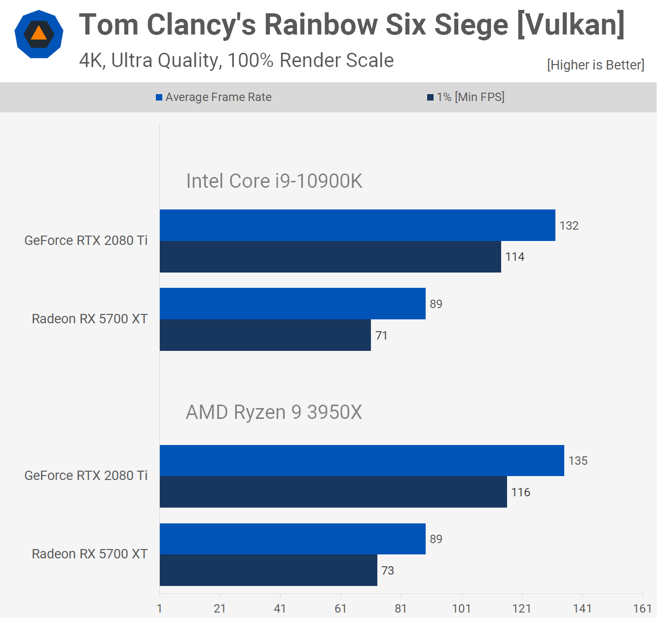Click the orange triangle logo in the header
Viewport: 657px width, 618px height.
[39, 34]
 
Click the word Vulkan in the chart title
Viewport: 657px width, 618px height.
[571, 25]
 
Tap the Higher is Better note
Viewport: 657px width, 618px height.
[595, 65]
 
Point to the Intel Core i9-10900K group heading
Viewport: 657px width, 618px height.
[274, 181]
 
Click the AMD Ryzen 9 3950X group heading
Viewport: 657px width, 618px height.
[274, 412]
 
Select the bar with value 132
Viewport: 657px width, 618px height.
[357, 225]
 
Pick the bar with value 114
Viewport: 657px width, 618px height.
[330, 257]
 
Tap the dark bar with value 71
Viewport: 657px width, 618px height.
[265, 335]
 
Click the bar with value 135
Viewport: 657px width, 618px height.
[362, 460]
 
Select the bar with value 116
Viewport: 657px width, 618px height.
[333, 492]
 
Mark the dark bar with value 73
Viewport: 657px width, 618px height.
[268, 570]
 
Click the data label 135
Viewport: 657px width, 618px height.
[578, 461]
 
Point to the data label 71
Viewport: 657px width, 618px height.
[381, 336]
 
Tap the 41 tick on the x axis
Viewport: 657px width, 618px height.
[280, 609]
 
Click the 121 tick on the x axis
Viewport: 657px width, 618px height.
[522, 609]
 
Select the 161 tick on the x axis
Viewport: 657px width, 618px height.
[642, 609]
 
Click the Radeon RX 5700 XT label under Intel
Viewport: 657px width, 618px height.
[90, 319]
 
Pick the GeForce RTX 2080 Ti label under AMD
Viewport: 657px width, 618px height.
[86, 476]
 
